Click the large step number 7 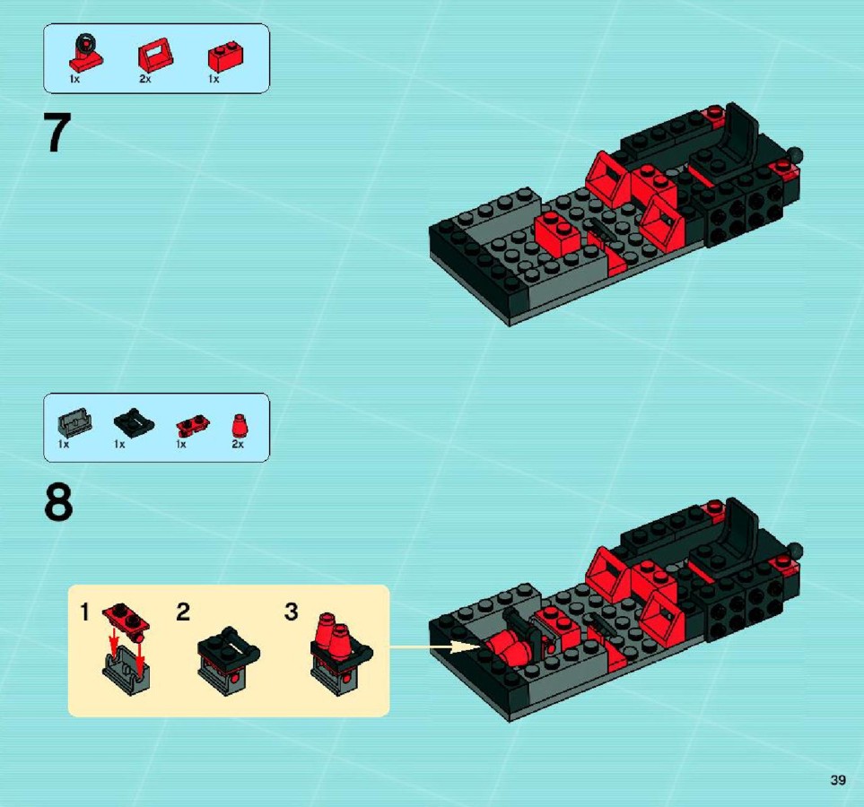[x=57, y=132]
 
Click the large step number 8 [x=57, y=502]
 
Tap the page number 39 [x=838, y=780]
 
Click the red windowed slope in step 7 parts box [x=155, y=56]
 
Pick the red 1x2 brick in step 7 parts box [x=226, y=56]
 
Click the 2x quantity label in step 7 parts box [x=145, y=79]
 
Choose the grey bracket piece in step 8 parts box [x=74, y=423]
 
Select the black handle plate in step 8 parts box [x=134, y=422]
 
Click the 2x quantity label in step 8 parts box [x=238, y=444]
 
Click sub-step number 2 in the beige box [x=183, y=612]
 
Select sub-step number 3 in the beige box [x=292, y=612]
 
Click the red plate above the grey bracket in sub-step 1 [x=127, y=618]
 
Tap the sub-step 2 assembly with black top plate [x=228, y=660]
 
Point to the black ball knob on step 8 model [x=796, y=551]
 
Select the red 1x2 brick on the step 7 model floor [x=558, y=233]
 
